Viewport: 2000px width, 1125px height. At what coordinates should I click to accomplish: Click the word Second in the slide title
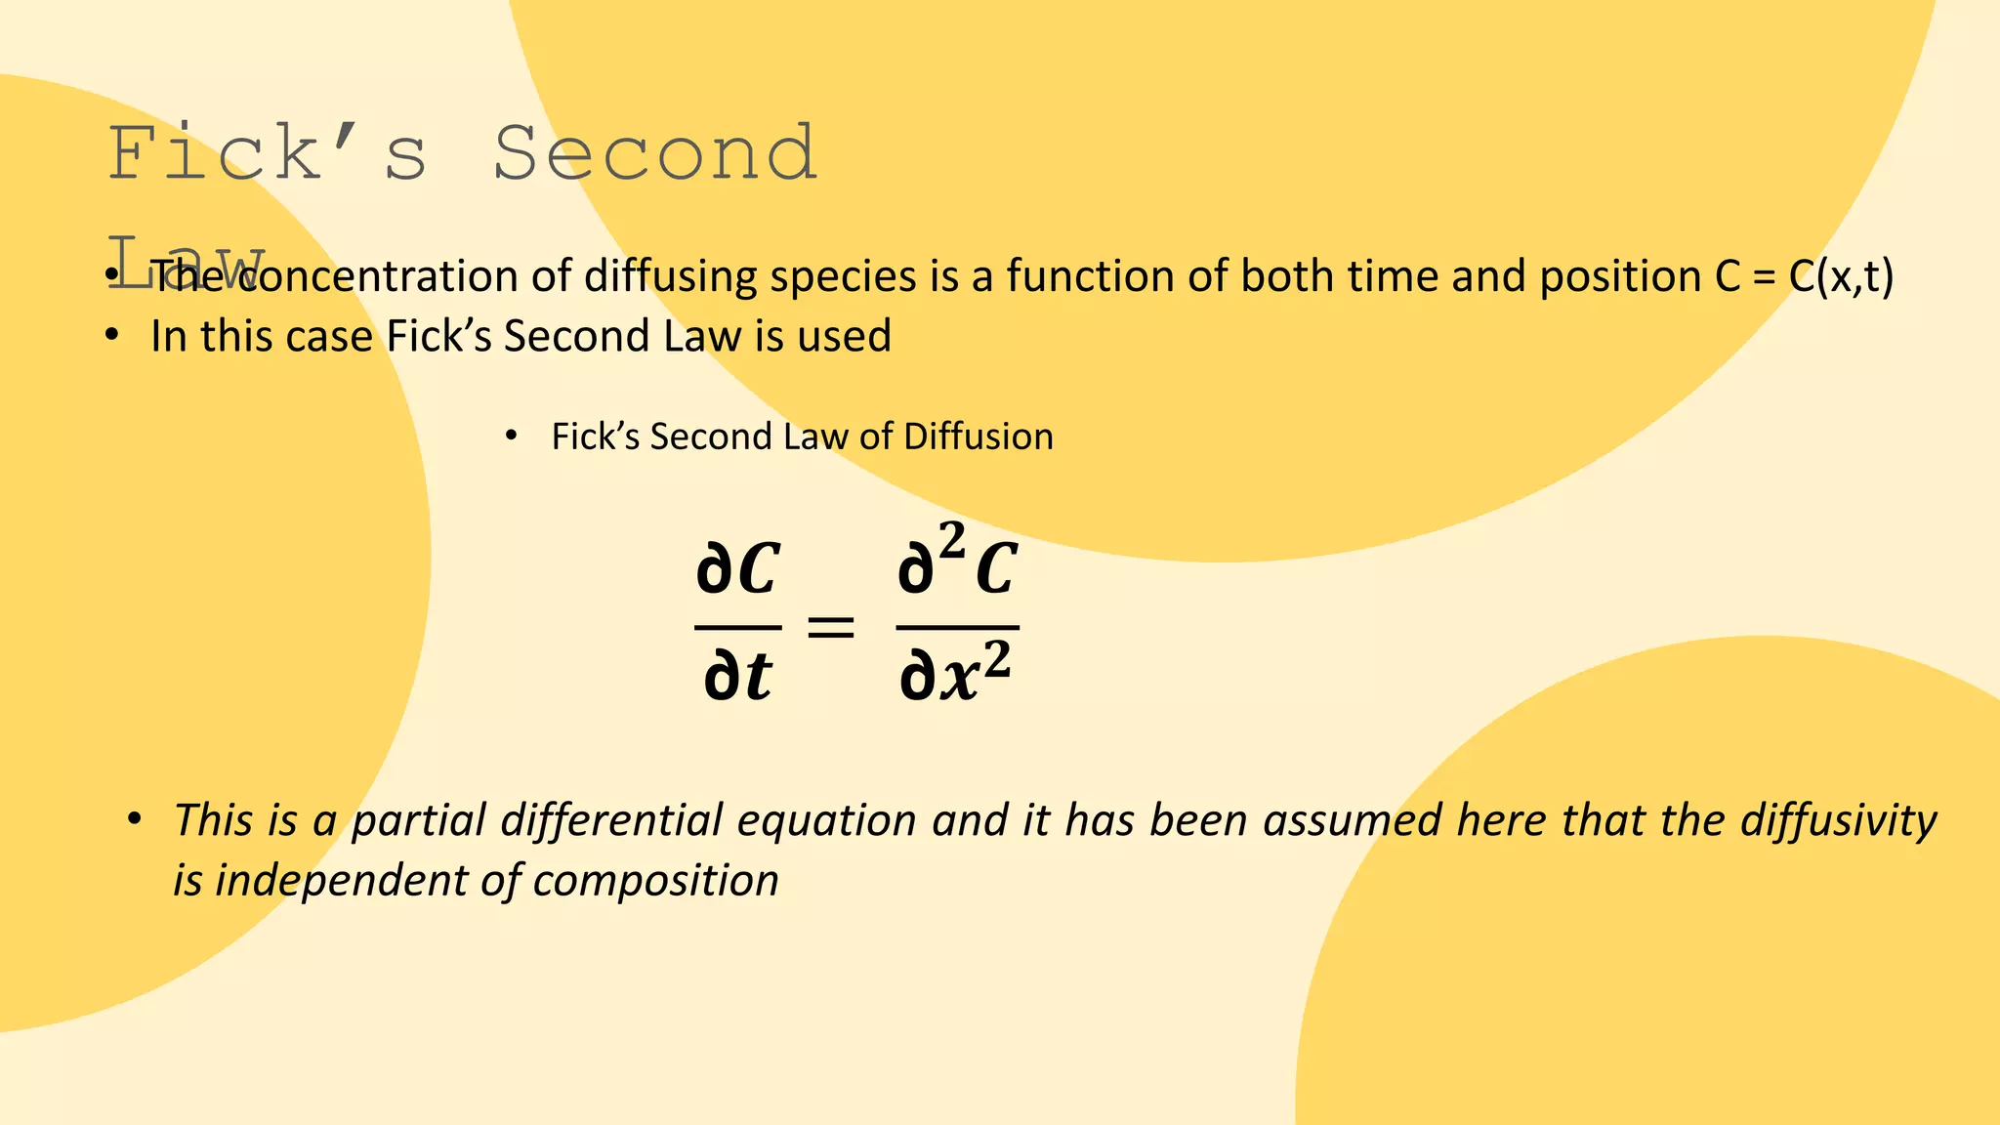654,154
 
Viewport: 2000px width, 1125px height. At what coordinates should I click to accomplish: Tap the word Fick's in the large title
267,154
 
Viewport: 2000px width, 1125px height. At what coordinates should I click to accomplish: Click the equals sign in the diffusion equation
831,627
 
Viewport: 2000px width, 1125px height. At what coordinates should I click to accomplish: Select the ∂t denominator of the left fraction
737,676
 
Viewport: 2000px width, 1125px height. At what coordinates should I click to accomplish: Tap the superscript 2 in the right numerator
951,540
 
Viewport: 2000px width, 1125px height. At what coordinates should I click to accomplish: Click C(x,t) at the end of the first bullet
1841,276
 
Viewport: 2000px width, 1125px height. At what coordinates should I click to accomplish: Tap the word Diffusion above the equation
979,437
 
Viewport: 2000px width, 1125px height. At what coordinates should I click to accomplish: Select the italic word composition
655,881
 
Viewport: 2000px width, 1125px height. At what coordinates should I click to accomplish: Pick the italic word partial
418,820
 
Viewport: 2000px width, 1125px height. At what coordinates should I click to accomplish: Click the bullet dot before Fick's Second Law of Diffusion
511,436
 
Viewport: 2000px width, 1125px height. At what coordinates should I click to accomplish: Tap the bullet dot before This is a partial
135,818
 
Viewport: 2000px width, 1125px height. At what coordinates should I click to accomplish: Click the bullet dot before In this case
112,336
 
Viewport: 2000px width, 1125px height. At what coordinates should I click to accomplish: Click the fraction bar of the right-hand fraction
957,627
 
